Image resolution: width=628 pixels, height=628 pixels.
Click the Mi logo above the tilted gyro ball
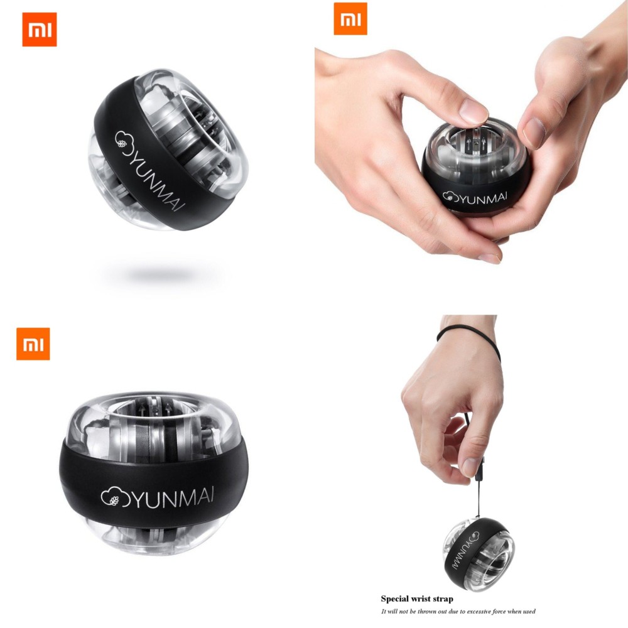tap(39, 30)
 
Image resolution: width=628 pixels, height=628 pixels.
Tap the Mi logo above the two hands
tap(350, 19)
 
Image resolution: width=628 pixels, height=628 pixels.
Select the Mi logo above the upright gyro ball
tap(33, 344)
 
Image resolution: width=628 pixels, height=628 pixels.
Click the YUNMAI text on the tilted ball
tap(156, 176)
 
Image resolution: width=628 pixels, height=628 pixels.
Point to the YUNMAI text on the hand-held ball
tap(484, 197)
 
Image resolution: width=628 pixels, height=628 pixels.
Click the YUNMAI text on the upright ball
tap(171, 497)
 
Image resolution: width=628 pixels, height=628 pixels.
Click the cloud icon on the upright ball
tap(111, 497)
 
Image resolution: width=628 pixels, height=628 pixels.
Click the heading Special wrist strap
tap(417, 599)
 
